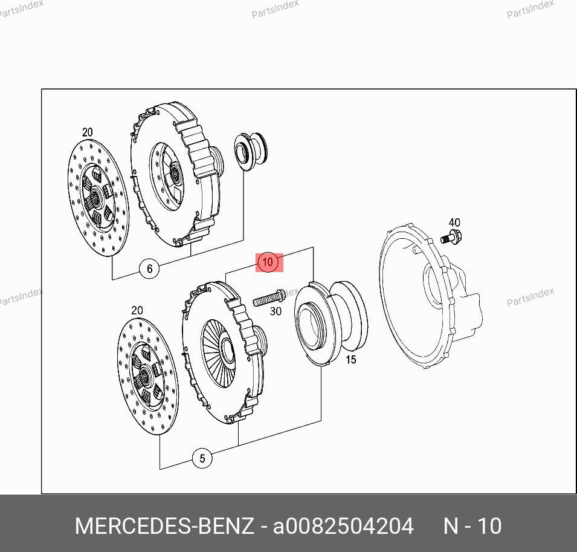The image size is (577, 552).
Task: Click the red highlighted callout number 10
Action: [268, 262]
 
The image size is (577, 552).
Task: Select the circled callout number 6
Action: [149, 268]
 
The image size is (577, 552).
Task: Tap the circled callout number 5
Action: [202, 458]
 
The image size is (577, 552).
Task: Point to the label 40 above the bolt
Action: [454, 222]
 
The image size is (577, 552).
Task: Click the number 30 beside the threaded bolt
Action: [276, 311]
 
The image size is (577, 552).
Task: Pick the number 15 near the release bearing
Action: [351, 359]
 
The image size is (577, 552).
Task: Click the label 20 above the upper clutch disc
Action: [87, 132]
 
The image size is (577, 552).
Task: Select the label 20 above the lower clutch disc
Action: [137, 310]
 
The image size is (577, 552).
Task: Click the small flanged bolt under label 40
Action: [451, 237]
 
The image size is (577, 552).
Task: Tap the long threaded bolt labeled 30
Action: [269, 298]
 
